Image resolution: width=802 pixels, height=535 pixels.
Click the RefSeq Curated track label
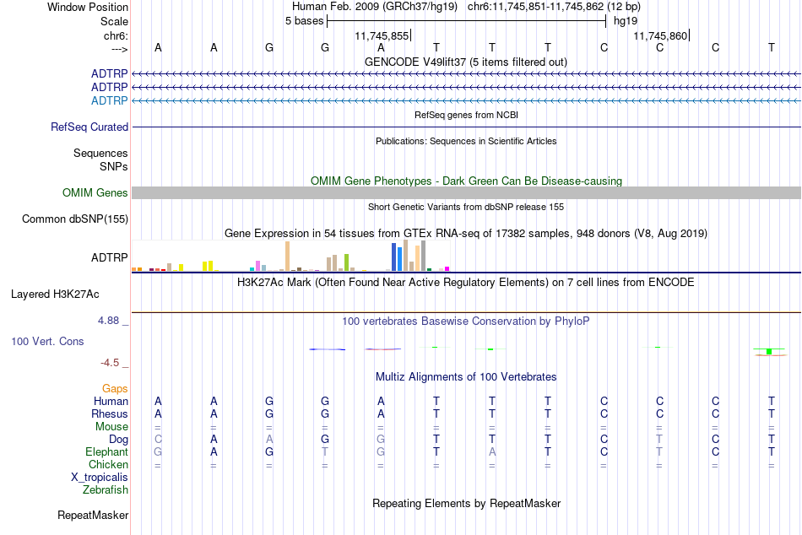(89, 127)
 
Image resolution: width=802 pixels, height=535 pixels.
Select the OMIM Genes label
(95, 193)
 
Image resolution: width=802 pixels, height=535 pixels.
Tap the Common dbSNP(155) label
(75, 219)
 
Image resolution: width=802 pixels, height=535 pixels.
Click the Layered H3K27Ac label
(55, 295)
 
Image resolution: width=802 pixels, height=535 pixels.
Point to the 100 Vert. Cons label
(47, 341)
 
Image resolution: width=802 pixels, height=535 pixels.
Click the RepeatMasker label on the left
(93, 515)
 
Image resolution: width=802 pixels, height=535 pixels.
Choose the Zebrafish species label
(106, 490)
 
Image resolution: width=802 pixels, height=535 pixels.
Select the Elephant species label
(107, 452)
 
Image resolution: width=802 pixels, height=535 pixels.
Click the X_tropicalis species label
(100, 478)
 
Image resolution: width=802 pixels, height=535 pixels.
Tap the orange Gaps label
(115, 389)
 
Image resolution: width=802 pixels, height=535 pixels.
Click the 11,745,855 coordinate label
(382, 35)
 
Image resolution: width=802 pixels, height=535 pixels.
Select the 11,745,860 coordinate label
(660, 35)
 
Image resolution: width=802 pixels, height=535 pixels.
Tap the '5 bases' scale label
(304, 21)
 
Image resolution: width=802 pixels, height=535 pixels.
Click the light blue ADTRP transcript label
(110, 100)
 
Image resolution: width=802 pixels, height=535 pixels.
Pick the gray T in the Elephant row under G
(325, 452)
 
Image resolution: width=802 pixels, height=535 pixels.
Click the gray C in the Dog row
(158, 440)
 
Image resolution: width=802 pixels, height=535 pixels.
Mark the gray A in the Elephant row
(492, 452)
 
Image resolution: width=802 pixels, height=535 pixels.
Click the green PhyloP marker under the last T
(769, 351)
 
